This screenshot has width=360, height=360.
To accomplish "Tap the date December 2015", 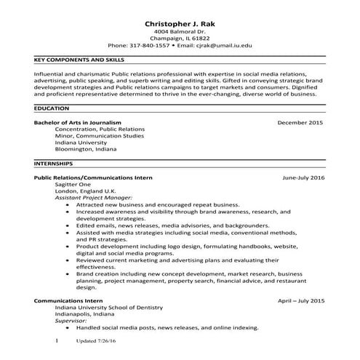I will (x=300, y=123).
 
